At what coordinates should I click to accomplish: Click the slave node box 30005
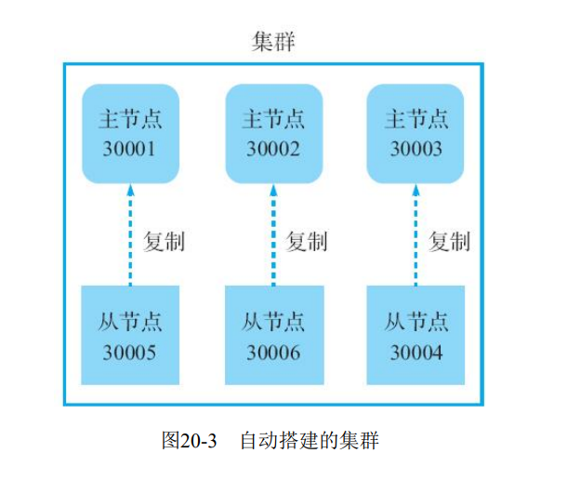130,335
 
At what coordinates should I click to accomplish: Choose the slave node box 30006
274,335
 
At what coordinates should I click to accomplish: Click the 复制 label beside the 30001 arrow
165,242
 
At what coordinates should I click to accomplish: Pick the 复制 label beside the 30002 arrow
308,242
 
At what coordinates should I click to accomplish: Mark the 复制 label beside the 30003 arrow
451,242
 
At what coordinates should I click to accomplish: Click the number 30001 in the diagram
130,148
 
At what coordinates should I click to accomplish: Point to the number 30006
274,353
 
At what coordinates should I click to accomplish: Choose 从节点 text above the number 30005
130,323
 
